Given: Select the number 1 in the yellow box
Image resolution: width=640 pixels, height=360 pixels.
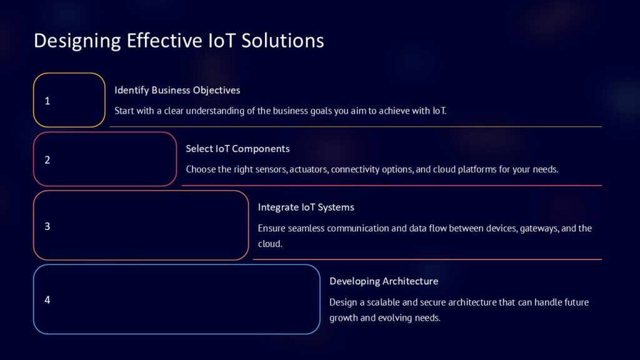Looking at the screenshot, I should pos(47,101).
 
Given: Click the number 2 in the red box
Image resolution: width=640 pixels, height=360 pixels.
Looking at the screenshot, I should pos(47,159).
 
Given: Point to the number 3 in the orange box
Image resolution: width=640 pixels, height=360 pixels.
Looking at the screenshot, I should pos(47,226).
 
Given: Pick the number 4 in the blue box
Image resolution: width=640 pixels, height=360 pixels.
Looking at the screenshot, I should pos(47,299).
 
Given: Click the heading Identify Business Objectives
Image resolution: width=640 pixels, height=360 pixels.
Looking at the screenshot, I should pos(177,90).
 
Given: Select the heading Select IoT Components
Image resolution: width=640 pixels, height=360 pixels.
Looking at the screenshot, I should pos(237,149).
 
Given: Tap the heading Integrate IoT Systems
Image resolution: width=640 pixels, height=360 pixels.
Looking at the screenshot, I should pos(306,207).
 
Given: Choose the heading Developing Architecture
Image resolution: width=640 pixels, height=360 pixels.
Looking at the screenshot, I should pos(384,281).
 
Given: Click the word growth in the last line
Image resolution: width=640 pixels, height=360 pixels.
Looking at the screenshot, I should pos(344,317).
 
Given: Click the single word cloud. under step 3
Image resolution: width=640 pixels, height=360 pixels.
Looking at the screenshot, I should pos(270,244).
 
